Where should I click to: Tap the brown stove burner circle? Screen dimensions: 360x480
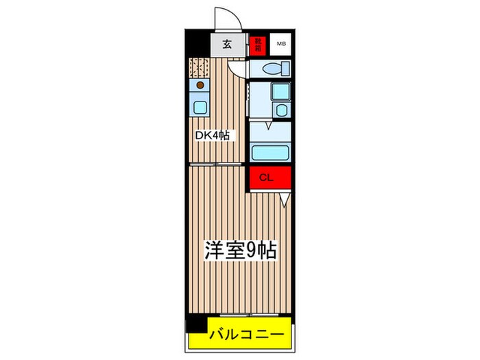(200, 86)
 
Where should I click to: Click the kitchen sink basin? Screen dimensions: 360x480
(200, 107)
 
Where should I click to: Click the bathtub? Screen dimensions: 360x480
(270, 152)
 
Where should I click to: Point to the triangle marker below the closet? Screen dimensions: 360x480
(285, 199)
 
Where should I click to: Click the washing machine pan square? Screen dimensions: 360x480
(280, 92)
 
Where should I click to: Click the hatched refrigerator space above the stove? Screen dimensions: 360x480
(200, 68)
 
